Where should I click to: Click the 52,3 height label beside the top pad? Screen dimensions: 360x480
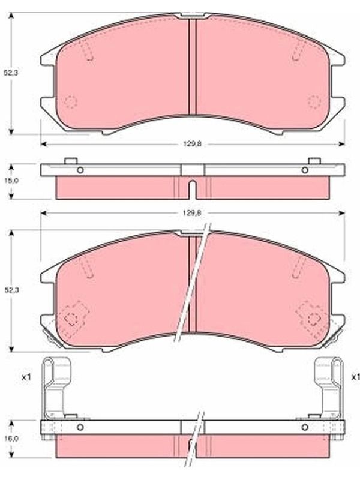click(x=11, y=73)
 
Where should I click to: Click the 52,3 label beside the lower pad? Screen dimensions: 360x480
click(x=11, y=290)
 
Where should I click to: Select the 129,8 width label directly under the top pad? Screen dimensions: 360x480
click(x=192, y=144)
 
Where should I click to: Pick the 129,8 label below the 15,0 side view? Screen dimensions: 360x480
click(x=192, y=214)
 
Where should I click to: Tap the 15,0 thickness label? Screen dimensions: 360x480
click(x=11, y=181)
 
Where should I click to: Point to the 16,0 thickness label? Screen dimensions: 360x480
click(x=11, y=439)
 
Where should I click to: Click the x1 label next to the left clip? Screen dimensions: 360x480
click(x=26, y=377)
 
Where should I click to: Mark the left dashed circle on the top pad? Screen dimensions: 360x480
click(x=71, y=101)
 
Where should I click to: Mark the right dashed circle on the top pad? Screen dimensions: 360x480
click(x=314, y=101)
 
